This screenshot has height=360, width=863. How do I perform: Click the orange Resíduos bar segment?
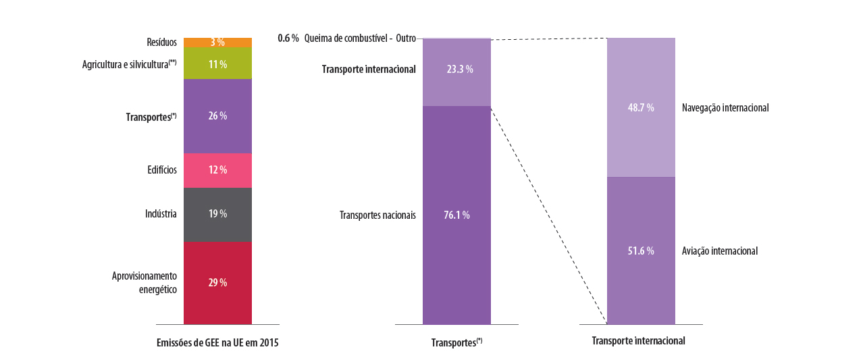[x=217, y=43]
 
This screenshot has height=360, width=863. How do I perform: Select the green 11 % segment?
[x=217, y=64]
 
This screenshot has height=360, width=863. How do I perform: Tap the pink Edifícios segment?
[x=217, y=170]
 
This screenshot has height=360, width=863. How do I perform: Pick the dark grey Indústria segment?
[x=217, y=214]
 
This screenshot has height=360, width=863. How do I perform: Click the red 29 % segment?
[x=217, y=283]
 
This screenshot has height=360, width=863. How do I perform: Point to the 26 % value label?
[x=217, y=116]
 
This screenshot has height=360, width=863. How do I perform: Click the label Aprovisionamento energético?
[x=145, y=283]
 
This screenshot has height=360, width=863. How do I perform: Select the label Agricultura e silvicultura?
[x=129, y=65]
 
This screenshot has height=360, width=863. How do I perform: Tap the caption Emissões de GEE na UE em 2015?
[x=217, y=342]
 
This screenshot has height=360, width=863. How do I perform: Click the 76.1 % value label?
[x=457, y=215]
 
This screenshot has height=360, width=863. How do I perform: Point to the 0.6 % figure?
[x=288, y=38]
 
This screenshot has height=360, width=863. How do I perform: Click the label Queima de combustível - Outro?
[x=360, y=38]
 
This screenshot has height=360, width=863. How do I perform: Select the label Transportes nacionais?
[x=377, y=215]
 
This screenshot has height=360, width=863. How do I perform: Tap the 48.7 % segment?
[x=641, y=107]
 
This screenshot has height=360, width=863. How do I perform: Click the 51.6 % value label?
[x=641, y=251]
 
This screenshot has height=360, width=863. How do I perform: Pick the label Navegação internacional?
[x=725, y=107]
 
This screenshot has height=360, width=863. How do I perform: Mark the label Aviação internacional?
[x=720, y=251]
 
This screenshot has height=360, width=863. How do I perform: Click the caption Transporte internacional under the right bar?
[x=638, y=341]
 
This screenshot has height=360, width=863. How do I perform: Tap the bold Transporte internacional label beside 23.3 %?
[x=369, y=70]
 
